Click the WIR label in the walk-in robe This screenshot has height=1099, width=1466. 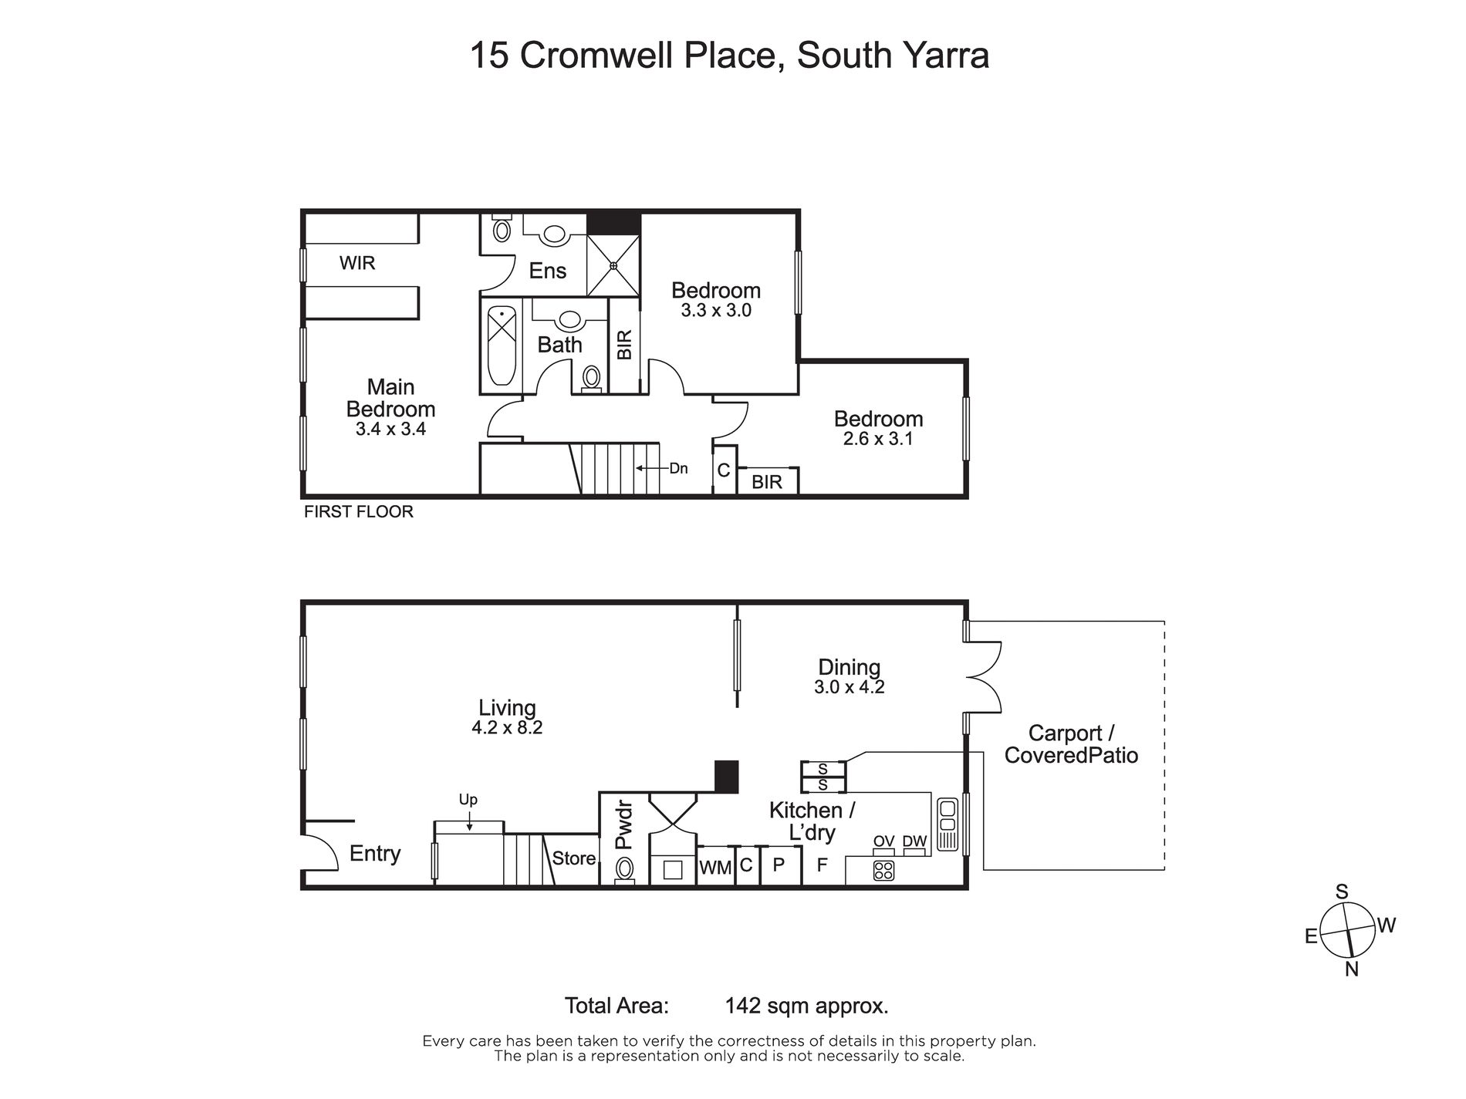pyautogui.click(x=357, y=263)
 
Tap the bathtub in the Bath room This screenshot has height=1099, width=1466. pyautogui.click(x=502, y=346)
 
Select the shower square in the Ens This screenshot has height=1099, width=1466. pyautogui.click(x=613, y=265)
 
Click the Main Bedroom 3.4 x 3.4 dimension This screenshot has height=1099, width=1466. pyautogui.click(x=390, y=429)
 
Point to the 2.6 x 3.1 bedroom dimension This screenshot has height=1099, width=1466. pyautogui.click(x=878, y=439)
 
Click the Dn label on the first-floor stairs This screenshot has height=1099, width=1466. pyautogui.click(x=678, y=468)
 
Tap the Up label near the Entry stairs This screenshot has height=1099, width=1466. pyautogui.click(x=468, y=800)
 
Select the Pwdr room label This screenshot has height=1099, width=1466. pyautogui.click(x=624, y=825)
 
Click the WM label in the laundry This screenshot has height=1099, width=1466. pyautogui.click(x=715, y=868)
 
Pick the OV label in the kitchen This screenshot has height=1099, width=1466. pyautogui.click(x=883, y=841)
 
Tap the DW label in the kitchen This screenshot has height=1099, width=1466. pyautogui.click(x=914, y=841)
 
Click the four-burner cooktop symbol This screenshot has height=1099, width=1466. pyautogui.click(x=883, y=871)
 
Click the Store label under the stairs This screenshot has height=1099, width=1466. pyautogui.click(x=574, y=858)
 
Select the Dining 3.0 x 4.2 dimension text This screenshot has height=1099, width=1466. pyautogui.click(x=849, y=686)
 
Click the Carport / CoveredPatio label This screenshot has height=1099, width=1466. pyautogui.click(x=1071, y=744)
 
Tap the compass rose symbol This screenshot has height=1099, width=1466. pyautogui.click(x=1348, y=929)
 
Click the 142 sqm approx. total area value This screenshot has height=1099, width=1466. pyautogui.click(x=807, y=1006)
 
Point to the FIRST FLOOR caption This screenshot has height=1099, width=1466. pyautogui.click(x=359, y=511)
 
